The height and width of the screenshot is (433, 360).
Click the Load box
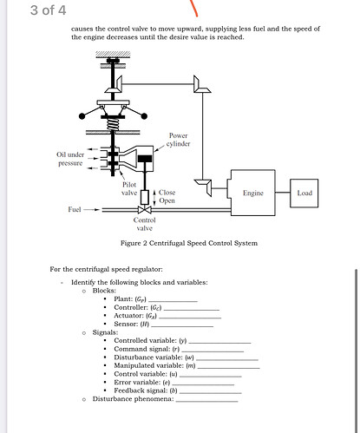tap(304, 193)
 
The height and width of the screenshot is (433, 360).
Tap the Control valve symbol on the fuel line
tap(145, 209)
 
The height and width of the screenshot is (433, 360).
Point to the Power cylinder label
tap(179, 140)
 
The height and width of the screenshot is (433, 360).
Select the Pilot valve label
tap(129, 188)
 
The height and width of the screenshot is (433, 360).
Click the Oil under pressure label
tap(70, 159)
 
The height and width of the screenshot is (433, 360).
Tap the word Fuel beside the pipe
tap(75, 209)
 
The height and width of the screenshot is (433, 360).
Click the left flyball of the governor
tap(82, 116)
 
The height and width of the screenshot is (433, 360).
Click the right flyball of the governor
tap(144, 116)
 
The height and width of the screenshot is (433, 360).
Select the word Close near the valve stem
tap(167, 193)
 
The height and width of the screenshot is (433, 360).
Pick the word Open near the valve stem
tap(167, 200)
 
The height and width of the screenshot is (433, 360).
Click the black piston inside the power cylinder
tap(145, 159)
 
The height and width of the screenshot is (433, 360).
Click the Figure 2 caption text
tap(189, 243)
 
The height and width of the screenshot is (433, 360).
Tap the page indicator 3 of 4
tap(49, 10)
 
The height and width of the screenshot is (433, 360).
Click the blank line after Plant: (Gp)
tap(173, 301)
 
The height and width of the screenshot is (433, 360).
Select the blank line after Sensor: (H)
tap(182, 326)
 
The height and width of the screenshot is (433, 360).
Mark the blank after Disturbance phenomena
tap(206, 402)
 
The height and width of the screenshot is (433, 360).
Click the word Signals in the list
tap(105, 332)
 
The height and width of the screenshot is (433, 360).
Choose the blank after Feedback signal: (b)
tap(210, 393)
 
